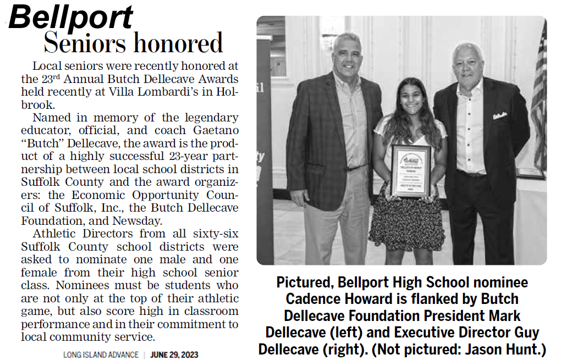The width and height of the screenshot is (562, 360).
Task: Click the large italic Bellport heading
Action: (71, 17)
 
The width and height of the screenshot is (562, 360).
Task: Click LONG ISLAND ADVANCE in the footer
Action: (101, 355)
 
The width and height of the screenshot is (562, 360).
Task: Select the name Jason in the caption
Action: (490, 349)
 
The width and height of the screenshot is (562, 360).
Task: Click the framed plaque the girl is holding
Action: (410, 169)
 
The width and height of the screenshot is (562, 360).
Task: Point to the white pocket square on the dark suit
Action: (499, 115)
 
